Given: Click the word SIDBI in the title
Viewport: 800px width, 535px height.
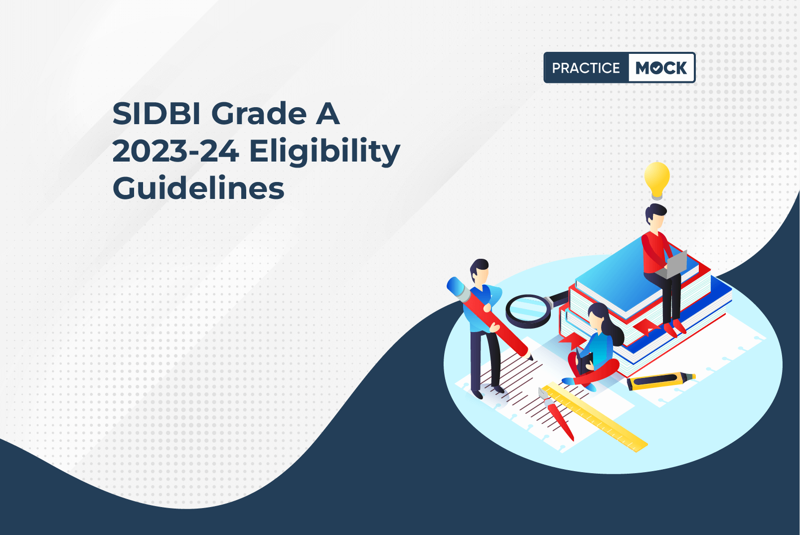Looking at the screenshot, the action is [156, 114].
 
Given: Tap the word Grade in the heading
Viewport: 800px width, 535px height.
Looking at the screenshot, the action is [259, 114].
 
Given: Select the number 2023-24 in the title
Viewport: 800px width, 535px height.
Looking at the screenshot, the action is [175, 151].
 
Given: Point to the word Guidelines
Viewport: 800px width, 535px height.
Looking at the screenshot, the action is [198, 188].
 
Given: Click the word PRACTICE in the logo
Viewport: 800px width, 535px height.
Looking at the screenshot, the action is [586, 68].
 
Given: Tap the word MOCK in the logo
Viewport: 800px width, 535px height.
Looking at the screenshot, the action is [661, 68].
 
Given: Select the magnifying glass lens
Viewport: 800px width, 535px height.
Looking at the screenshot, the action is [528, 310].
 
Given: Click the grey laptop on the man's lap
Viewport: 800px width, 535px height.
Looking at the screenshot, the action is [673, 265].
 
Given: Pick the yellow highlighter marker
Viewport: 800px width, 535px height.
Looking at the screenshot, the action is [661, 381].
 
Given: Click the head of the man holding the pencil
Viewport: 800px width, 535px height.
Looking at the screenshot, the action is [479, 270].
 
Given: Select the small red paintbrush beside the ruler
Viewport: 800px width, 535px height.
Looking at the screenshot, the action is [556, 414].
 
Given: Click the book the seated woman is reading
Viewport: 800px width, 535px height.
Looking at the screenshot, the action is [585, 361].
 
